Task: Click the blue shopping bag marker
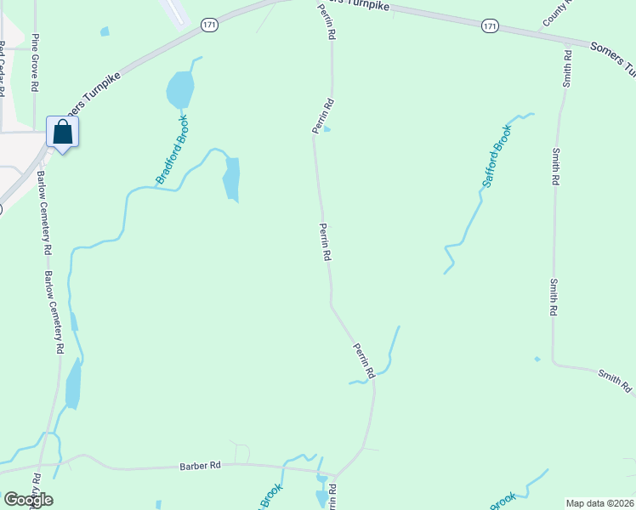(x=62, y=132)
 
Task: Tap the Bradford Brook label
(x=172, y=150)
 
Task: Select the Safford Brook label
(x=497, y=156)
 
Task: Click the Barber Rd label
(x=201, y=466)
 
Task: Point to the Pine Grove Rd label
(x=35, y=63)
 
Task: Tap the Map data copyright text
(x=600, y=503)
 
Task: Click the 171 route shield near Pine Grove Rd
(x=210, y=25)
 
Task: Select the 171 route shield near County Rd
(x=489, y=26)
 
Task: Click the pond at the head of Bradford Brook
(x=180, y=88)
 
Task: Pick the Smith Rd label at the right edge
(x=615, y=380)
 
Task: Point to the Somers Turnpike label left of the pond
(x=93, y=94)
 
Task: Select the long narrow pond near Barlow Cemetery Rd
(x=74, y=384)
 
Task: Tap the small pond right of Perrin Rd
(x=327, y=130)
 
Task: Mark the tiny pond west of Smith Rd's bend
(x=537, y=359)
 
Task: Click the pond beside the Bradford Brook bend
(x=230, y=179)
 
